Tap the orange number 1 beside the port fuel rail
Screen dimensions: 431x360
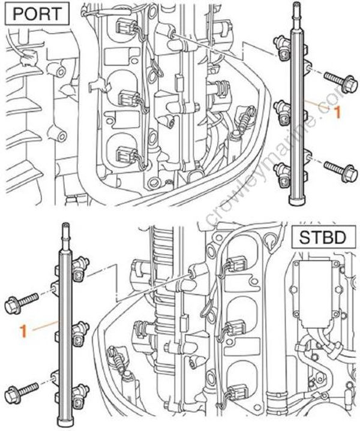click(x=337, y=111)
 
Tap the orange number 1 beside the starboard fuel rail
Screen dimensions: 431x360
click(x=23, y=328)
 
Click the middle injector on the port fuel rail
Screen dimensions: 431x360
click(x=282, y=108)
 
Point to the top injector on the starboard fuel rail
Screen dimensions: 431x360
click(x=80, y=273)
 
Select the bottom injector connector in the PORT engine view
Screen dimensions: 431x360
click(x=127, y=154)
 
